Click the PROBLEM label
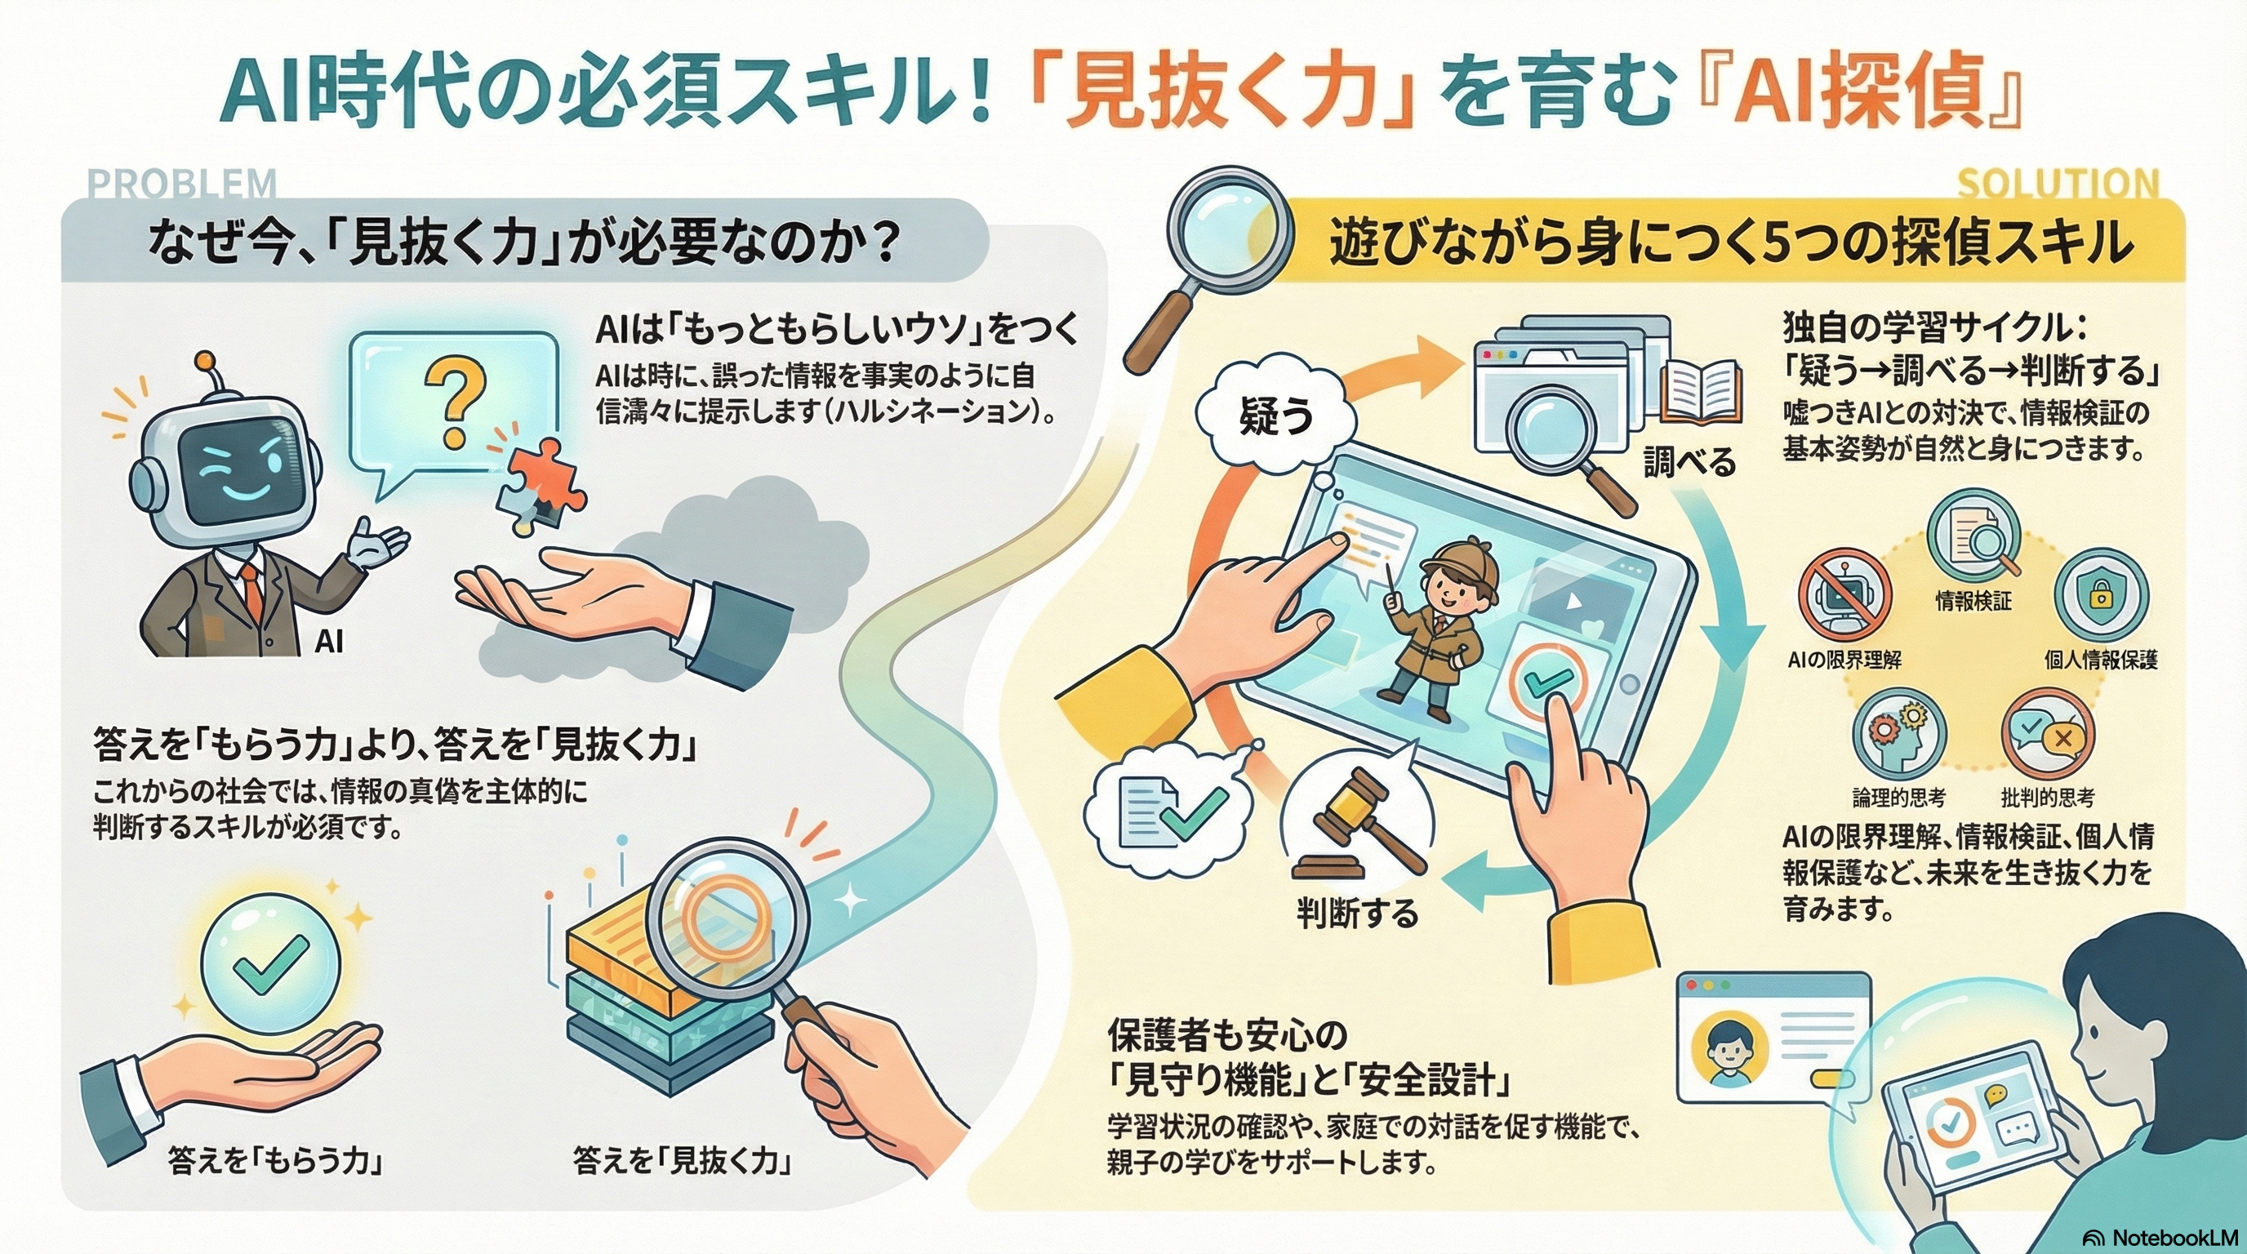coord(182,183)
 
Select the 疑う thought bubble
coord(1276,418)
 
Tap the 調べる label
coord(1689,462)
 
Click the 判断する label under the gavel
coord(1357,913)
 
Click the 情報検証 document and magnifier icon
coord(1973,533)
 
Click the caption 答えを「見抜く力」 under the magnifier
coord(681,1161)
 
